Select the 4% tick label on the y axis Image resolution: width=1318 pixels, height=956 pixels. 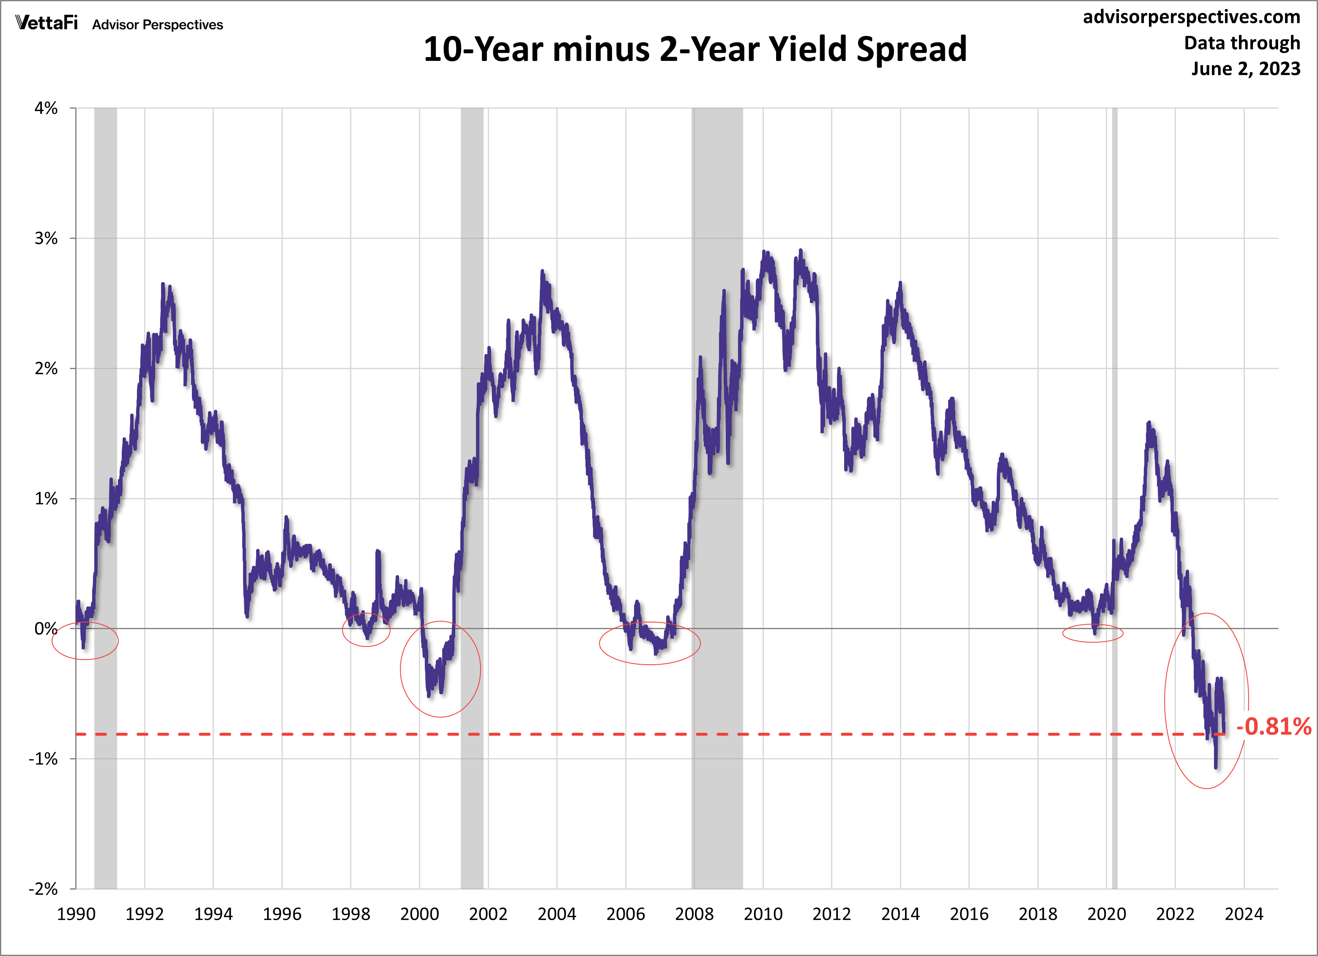coord(46,108)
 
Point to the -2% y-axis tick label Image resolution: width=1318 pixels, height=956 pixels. coord(44,889)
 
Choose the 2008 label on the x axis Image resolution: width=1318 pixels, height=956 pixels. coord(694,914)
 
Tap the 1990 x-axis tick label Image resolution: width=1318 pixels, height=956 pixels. coord(76,914)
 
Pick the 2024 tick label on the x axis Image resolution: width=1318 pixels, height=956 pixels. coord(1244,914)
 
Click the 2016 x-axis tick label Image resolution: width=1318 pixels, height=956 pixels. coord(969,914)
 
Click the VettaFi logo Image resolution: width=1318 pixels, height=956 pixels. coord(46,23)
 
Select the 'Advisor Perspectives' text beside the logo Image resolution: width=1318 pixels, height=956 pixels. coord(158,25)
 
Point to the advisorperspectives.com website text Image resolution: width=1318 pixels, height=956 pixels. coord(1191,17)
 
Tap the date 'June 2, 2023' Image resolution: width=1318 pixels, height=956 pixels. coord(1245,68)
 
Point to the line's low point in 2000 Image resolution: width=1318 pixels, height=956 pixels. coord(429,696)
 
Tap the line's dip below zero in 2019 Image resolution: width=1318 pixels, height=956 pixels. coord(1095,633)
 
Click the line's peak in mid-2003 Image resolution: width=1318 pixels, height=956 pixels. coord(542,271)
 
